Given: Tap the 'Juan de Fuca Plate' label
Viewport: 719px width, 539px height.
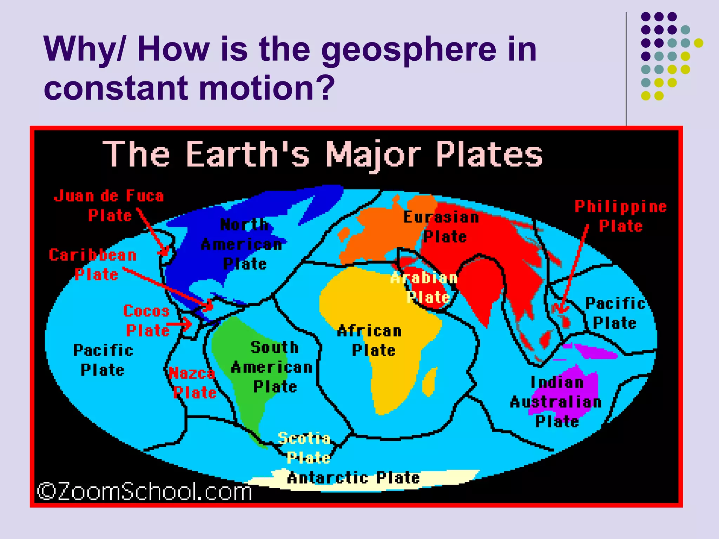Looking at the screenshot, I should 109,206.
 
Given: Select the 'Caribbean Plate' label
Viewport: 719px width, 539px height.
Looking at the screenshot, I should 93,265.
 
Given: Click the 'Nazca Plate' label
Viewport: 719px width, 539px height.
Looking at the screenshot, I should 193,383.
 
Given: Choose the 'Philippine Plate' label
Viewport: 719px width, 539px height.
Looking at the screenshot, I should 621,216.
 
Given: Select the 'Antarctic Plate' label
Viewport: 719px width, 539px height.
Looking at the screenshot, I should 353,478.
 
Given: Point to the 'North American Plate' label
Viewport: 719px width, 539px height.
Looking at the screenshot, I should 242,244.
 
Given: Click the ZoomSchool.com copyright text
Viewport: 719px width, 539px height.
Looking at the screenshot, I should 145,491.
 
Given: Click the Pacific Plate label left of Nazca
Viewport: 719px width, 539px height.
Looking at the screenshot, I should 103,360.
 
